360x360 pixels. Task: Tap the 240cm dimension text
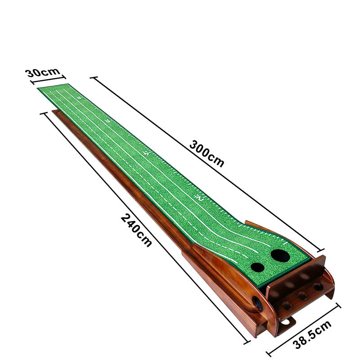pos(136,230)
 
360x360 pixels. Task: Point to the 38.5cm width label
pos(312,335)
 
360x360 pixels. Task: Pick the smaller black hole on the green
pos(257,267)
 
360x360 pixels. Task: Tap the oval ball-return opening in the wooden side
pos(258,304)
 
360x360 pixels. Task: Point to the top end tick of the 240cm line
pos(44,113)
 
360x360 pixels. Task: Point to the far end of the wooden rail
pos(54,112)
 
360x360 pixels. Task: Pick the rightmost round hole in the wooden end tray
pos(318,286)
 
